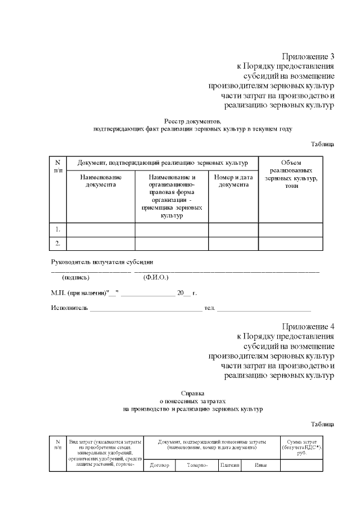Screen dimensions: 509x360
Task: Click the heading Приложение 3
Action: [308, 56]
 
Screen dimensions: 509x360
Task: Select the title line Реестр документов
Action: [193, 121]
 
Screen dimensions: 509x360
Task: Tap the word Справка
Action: [193, 393]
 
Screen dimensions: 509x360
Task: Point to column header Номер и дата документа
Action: [233, 181]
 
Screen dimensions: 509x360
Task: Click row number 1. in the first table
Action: [58, 229]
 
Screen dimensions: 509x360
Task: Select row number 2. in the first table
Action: [58, 244]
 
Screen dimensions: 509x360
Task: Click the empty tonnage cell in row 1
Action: [290, 229]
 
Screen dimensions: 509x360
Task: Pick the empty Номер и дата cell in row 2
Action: [233, 244]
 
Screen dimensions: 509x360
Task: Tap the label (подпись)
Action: [75, 278]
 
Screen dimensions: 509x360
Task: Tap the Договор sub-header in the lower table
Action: [160, 465]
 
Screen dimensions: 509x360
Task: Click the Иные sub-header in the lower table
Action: [260, 465]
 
